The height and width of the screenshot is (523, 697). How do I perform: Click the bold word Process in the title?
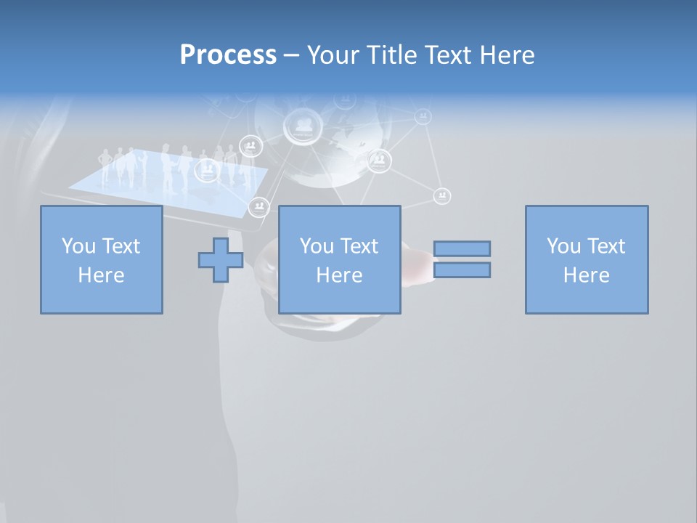click(x=228, y=55)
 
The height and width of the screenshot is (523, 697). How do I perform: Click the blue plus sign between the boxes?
click(x=221, y=259)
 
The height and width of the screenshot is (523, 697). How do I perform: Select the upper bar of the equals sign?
click(x=462, y=248)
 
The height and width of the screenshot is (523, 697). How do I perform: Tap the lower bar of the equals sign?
click(x=462, y=270)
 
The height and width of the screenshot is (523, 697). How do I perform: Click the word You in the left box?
click(x=78, y=246)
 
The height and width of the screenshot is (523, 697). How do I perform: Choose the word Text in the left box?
click(x=121, y=246)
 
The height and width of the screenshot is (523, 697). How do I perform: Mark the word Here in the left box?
click(x=101, y=275)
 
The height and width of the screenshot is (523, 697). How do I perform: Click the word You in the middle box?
click(x=317, y=246)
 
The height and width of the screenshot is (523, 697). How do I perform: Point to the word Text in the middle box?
click(x=359, y=246)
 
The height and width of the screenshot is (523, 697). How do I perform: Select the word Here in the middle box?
click(x=339, y=275)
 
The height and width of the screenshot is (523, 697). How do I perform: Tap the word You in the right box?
click(x=563, y=246)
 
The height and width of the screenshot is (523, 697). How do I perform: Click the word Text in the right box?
click(x=606, y=246)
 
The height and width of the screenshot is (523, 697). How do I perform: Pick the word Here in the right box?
click(x=586, y=275)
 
